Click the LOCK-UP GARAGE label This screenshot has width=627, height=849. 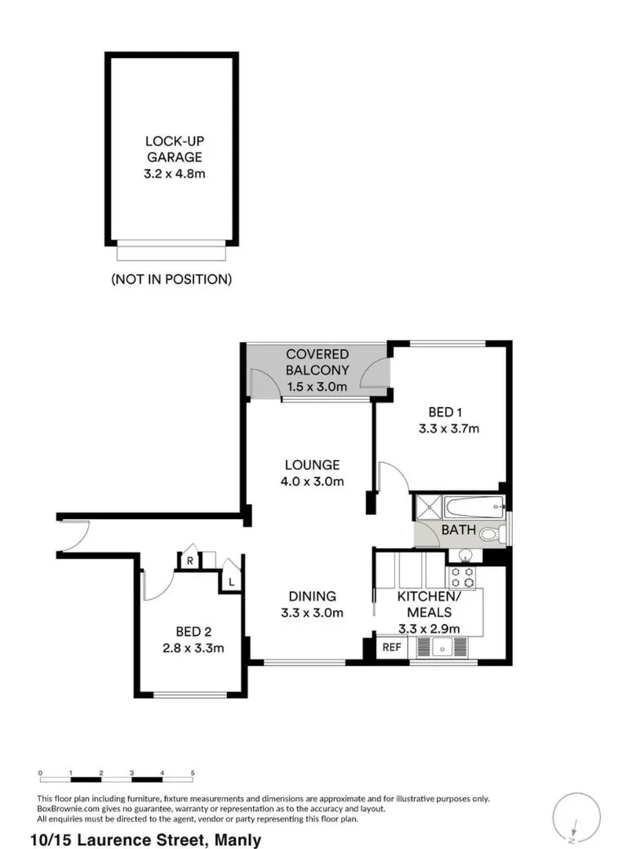[x=173, y=157]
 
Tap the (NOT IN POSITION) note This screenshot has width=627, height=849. [x=171, y=278]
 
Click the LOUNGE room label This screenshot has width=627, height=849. [x=312, y=472]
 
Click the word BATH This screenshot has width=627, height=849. [x=457, y=531]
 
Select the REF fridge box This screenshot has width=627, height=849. [x=390, y=647]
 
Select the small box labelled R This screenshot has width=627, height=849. [x=189, y=560]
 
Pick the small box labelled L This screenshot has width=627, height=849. [x=232, y=582]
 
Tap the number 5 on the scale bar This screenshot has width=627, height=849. [x=192, y=774]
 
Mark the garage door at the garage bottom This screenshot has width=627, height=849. [x=172, y=252]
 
